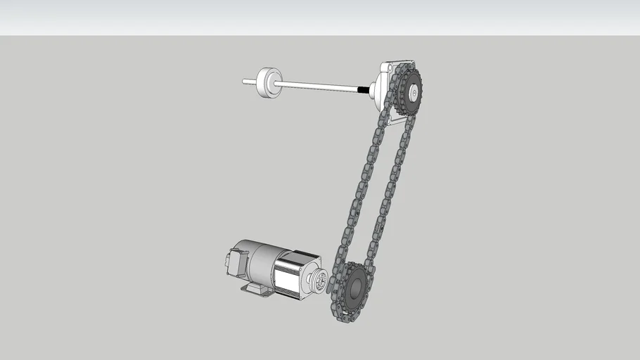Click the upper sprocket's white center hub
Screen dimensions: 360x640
point(413,91)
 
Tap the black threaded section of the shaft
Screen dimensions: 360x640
point(363,89)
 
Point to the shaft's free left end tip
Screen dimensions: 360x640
point(245,82)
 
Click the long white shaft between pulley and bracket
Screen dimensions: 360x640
point(316,86)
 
